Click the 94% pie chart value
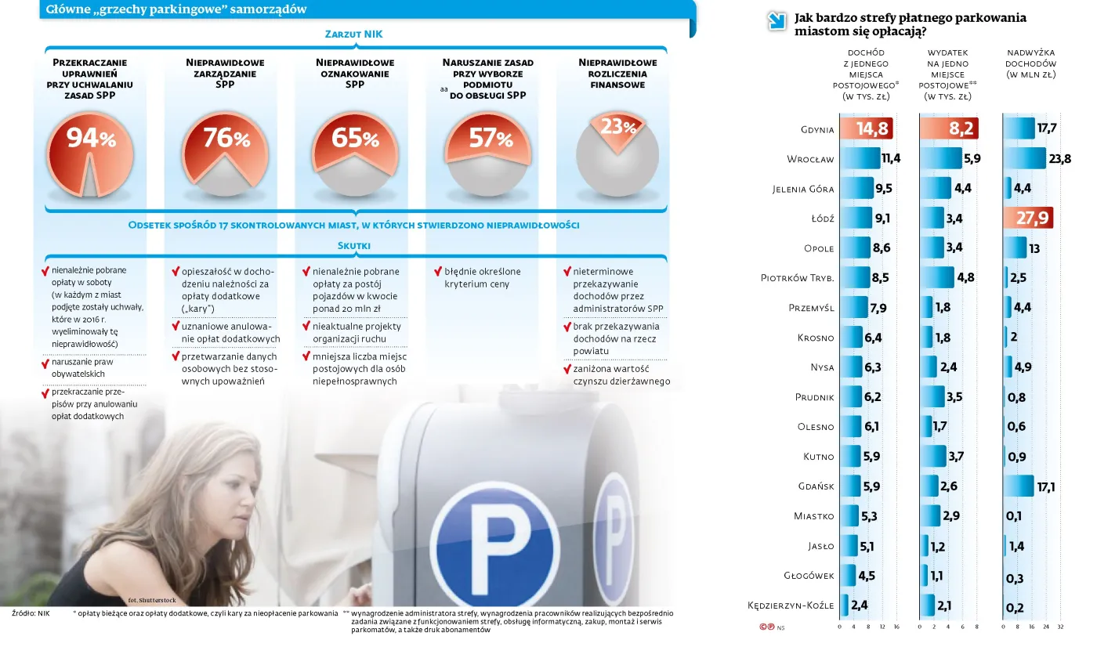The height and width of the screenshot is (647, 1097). tap(91, 139)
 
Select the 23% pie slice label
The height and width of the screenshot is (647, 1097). tap(617, 127)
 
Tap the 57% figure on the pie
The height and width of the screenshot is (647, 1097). tap(491, 139)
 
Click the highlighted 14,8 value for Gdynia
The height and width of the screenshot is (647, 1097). tap(871, 129)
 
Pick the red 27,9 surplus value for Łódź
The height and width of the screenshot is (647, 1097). tap(1032, 219)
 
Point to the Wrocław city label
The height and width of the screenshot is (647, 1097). tap(810, 159)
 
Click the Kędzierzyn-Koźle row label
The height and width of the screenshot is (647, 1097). tap(791, 605)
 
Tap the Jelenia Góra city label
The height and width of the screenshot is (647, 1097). tap(803, 189)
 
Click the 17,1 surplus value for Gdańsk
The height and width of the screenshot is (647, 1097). tap(1046, 486)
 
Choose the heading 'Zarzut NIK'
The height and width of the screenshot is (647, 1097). tap(353, 34)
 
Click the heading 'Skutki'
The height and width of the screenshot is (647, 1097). tap(353, 245)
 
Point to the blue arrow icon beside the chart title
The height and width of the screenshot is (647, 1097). tap(777, 21)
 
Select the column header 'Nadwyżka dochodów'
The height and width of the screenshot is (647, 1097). tap(1030, 63)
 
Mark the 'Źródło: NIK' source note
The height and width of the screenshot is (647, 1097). tap(31, 613)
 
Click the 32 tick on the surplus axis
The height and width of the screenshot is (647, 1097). tap(1060, 627)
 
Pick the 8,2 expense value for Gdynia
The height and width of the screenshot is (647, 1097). tap(961, 129)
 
